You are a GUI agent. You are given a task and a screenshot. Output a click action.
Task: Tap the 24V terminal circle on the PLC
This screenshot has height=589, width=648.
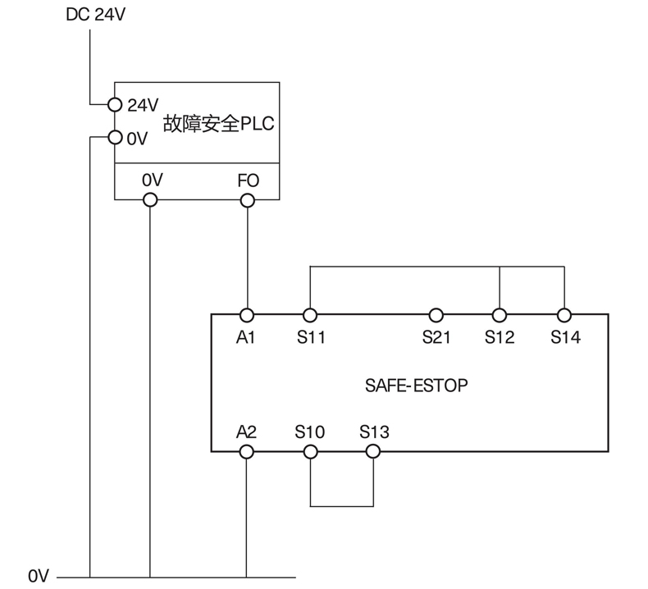point(115,104)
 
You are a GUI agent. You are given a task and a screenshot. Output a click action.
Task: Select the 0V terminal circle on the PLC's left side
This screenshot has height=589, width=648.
point(115,138)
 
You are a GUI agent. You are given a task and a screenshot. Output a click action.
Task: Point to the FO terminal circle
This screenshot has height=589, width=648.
point(247,199)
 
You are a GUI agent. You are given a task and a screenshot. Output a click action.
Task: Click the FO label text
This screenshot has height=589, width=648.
point(247,180)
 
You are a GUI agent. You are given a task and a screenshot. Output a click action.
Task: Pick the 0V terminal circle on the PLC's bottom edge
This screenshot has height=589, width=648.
point(149,199)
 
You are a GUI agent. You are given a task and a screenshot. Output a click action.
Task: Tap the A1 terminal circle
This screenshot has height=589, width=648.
point(247,315)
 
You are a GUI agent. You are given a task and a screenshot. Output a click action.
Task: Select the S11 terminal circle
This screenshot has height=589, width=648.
point(310,315)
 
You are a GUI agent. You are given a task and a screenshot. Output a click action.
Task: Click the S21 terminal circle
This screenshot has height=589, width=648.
point(436,315)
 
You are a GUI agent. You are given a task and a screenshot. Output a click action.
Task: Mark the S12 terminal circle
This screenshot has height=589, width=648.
point(500,315)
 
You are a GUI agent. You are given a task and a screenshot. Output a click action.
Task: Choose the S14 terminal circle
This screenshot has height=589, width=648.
point(564,315)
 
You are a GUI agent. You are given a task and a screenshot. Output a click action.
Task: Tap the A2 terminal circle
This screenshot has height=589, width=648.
point(247,451)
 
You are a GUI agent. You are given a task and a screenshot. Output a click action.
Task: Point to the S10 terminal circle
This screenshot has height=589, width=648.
point(310,451)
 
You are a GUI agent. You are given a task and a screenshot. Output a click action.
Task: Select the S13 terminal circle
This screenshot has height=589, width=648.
point(373,451)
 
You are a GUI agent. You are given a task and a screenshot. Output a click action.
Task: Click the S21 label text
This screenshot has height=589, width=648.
point(436,336)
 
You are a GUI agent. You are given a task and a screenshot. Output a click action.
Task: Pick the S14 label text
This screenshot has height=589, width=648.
point(564,336)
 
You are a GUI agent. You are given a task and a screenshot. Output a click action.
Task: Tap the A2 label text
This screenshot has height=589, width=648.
point(247,431)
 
